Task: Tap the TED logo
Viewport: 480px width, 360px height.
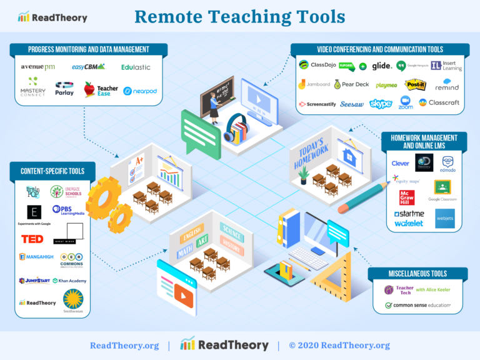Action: [32, 239]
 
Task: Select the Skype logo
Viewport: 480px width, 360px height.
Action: [380, 104]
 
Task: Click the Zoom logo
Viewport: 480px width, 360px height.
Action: [406, 102]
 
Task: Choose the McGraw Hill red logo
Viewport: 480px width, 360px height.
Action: [407, 197]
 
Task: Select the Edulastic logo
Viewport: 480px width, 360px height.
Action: [136, 67]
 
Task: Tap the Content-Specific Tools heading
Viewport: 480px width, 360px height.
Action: [52, 171]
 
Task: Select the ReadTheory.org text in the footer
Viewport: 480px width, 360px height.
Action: [124, 346]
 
